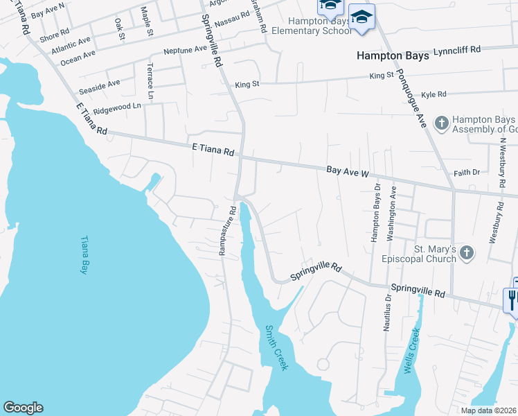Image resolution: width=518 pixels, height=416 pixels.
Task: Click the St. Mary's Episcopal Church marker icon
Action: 467,253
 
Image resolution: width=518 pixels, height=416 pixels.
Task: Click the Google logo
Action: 23,408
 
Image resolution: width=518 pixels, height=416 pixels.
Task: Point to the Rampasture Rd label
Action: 223,230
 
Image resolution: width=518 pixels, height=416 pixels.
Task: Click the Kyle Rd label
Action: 434,94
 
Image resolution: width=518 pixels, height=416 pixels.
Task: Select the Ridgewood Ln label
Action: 117,107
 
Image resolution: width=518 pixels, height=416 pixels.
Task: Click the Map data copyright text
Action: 488,410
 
